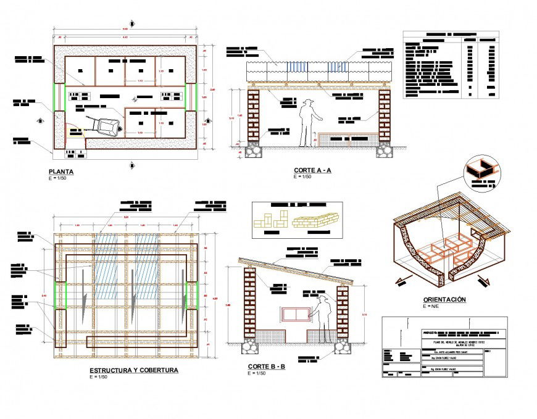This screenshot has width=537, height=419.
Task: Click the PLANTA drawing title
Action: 62,172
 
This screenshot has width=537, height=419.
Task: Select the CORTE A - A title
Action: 312,170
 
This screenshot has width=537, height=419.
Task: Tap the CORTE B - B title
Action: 266,367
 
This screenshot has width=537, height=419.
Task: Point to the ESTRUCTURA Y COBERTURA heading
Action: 134,370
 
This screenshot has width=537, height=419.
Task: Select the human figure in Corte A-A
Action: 307,123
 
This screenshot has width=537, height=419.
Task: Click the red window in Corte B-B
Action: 295,314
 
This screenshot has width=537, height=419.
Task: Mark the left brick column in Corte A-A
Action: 254,117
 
